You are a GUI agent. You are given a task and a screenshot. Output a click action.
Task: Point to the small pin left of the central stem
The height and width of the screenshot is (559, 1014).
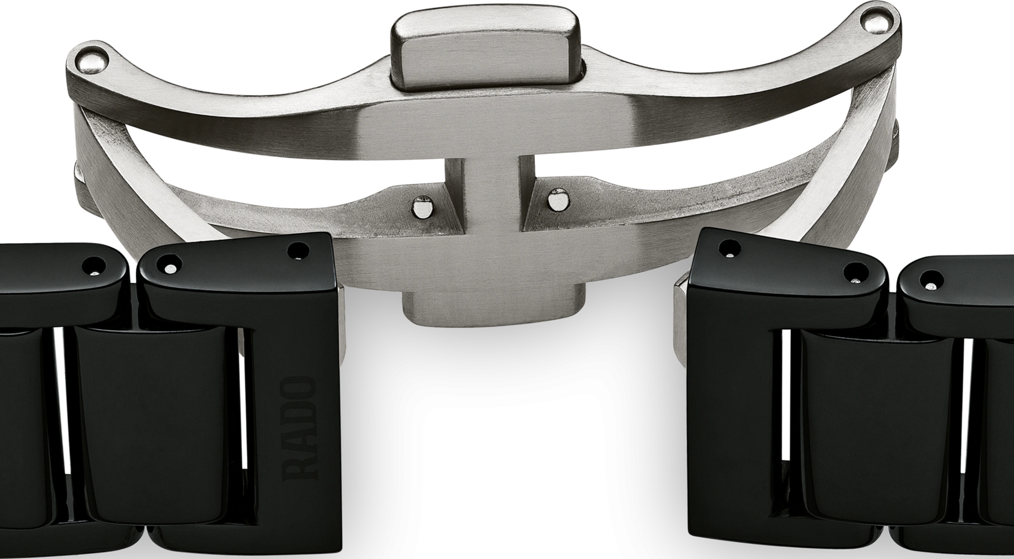pos(421,208)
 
